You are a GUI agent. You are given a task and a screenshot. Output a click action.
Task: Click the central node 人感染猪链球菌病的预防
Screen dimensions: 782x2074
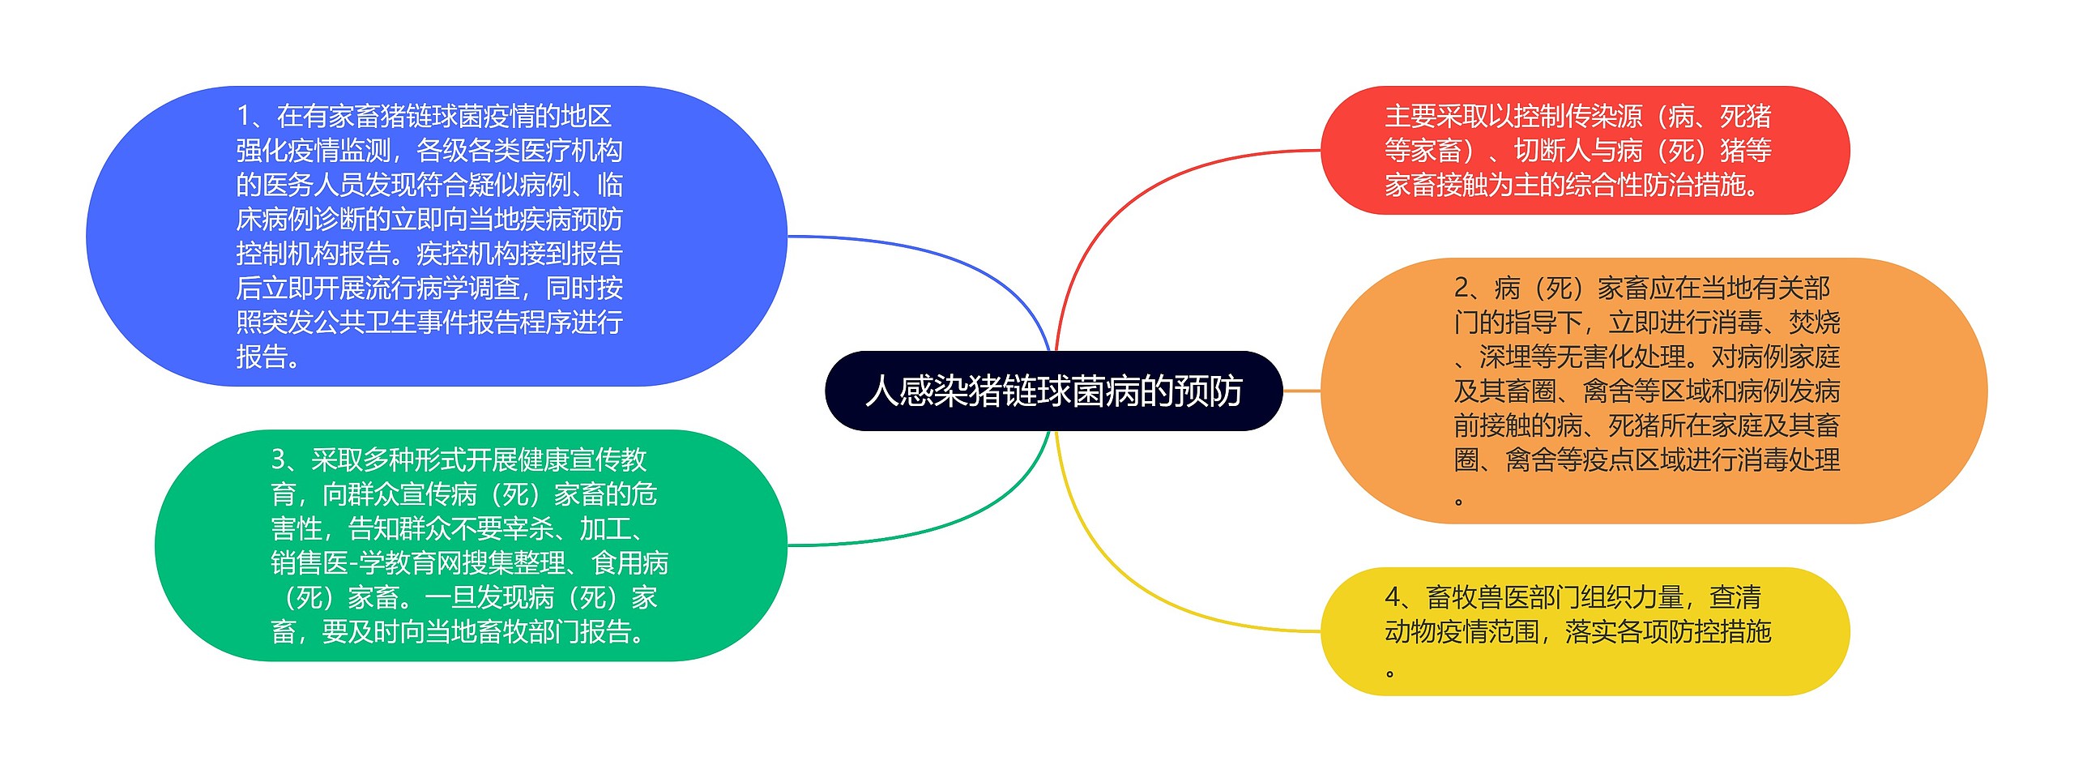(x=1053, y=391)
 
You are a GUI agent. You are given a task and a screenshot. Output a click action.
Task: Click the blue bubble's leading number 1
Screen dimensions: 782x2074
(x=244, y=117)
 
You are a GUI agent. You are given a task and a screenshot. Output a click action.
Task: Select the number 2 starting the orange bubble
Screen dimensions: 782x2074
(x=1462, y=288)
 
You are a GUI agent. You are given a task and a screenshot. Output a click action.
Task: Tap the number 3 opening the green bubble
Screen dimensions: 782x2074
(x=279, y=460)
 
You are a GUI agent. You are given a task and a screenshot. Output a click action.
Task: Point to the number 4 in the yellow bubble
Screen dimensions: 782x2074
(x=1393, y=598)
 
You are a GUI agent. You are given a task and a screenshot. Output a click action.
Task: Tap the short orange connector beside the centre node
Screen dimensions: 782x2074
(x=1302, y=391)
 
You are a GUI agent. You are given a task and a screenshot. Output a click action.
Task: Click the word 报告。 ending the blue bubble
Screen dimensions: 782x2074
(x=268, y=357)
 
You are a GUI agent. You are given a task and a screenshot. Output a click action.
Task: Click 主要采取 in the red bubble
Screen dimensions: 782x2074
(x=1436, y=117)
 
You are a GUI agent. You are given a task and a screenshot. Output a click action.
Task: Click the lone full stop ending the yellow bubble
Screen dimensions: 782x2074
(x=1390, y=673)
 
